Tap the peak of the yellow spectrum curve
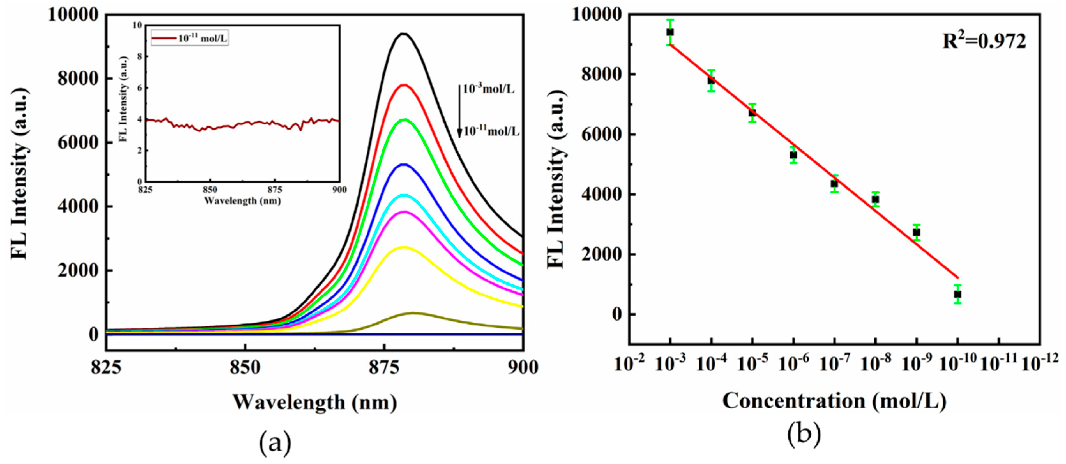404,247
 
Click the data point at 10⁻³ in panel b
670,32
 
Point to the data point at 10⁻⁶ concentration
793,155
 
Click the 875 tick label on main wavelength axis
384,367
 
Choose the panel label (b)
804,435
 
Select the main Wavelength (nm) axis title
314,402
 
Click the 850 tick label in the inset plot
210,190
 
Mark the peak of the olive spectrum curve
412,313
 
